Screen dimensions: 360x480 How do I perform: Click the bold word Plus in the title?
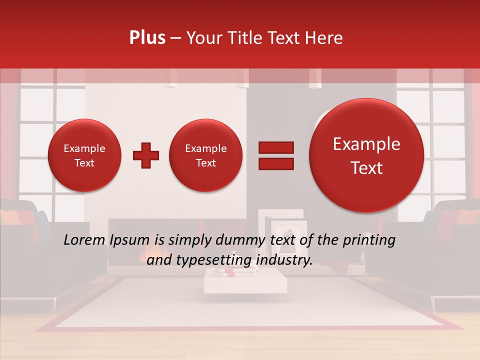[147, 38]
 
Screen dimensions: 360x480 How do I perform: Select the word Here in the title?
[325, 38]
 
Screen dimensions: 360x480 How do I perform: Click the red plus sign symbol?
[146, 155]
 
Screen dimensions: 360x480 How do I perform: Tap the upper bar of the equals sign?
[275, 147]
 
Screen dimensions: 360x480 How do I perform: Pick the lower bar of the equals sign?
[275, 164]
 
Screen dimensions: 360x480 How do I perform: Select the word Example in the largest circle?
[366, 144]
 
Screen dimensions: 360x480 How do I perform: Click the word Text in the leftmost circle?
[84, 163]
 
